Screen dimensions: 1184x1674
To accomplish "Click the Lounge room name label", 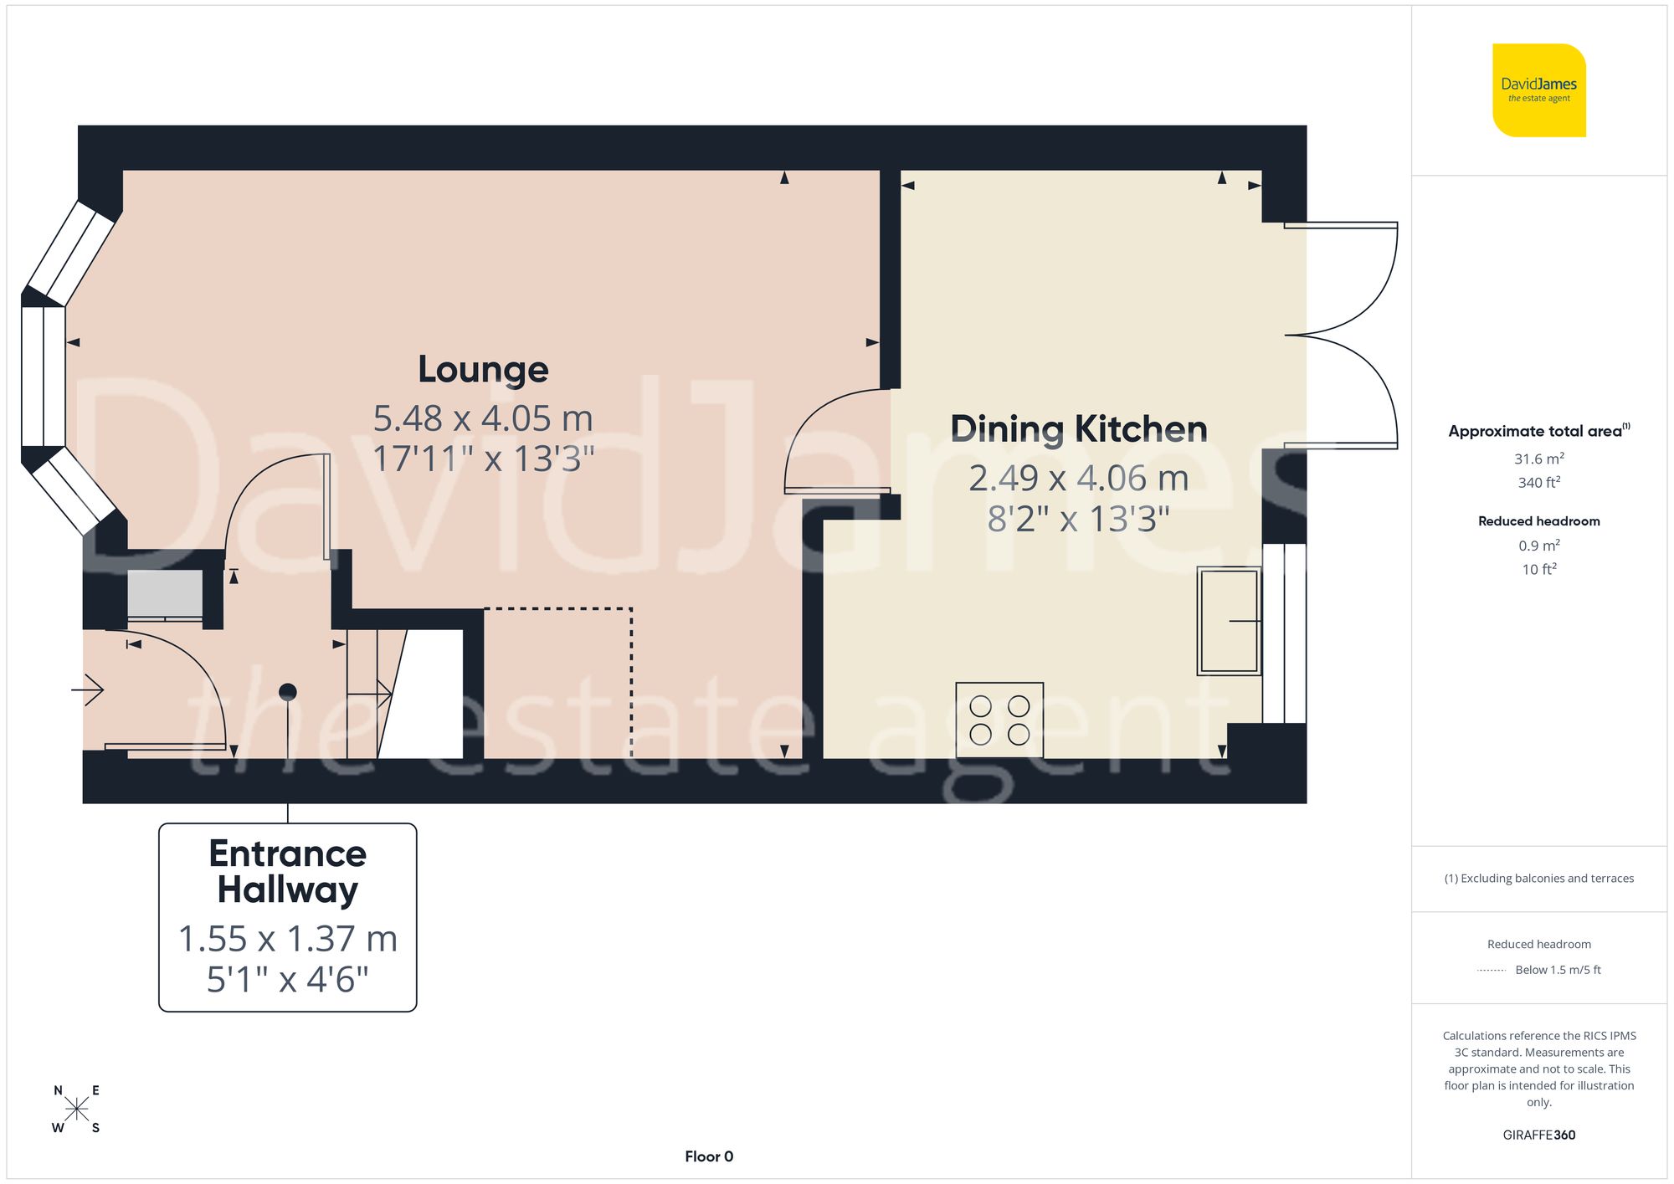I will tap(483, 370).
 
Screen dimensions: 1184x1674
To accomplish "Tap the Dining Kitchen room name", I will tap(1078, 429).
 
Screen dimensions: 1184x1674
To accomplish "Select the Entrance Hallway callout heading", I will tap(287, 872).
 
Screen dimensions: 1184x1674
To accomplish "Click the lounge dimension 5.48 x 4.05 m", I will tap(483, 418).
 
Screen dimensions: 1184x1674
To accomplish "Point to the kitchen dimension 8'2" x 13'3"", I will tap(1078, 519).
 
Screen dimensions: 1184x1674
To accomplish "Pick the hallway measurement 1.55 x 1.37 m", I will tap(287, 939).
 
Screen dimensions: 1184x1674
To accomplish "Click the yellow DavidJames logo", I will tap(1538, 90).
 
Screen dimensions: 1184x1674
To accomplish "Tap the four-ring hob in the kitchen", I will tap(999, 720).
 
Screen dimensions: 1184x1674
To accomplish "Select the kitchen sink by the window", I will tap(1228, 620).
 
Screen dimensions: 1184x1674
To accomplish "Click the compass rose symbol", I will tap(76, 1110).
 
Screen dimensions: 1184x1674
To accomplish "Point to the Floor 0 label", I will tap(708, 1156).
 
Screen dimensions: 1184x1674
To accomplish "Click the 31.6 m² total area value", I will tap(1538, 459).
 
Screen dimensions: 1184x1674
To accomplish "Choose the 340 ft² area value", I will tap(1538, 483).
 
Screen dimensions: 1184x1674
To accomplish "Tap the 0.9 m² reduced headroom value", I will tap(1538, 546).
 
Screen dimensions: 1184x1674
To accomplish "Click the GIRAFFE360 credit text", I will tap(1538, 1135).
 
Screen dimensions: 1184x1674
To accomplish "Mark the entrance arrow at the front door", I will tap(88, 690).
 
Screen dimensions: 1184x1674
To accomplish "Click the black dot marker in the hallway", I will tap(287, 692).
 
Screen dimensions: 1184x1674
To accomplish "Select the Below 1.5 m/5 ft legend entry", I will tap(1557, 970).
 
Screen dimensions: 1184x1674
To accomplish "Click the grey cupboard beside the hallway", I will tap(165, 594).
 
